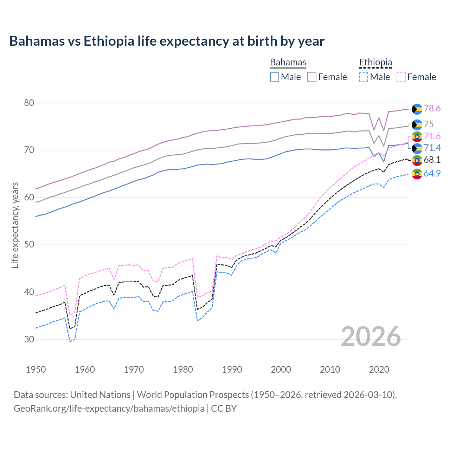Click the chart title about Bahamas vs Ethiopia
[167, 41]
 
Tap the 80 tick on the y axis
[29, 103]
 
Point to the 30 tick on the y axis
[29, 339]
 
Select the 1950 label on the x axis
[36, 369]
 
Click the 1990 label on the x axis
[232, 369]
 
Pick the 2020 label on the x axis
[379, 369]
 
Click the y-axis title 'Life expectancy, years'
[15, 225]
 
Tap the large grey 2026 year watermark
[371, 336]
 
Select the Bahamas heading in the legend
[288, 62]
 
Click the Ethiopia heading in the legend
[375, 62]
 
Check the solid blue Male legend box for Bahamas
[275, 77]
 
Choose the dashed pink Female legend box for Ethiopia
[401, 77]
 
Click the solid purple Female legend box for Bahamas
[312, 77]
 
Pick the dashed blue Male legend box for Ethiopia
[364, 77]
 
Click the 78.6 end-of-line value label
[432, 108]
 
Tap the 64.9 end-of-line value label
[432, 173]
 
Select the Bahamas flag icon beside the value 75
[417, 124]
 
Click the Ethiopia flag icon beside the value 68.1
[417, 160]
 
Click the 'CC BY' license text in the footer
[224, 409]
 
